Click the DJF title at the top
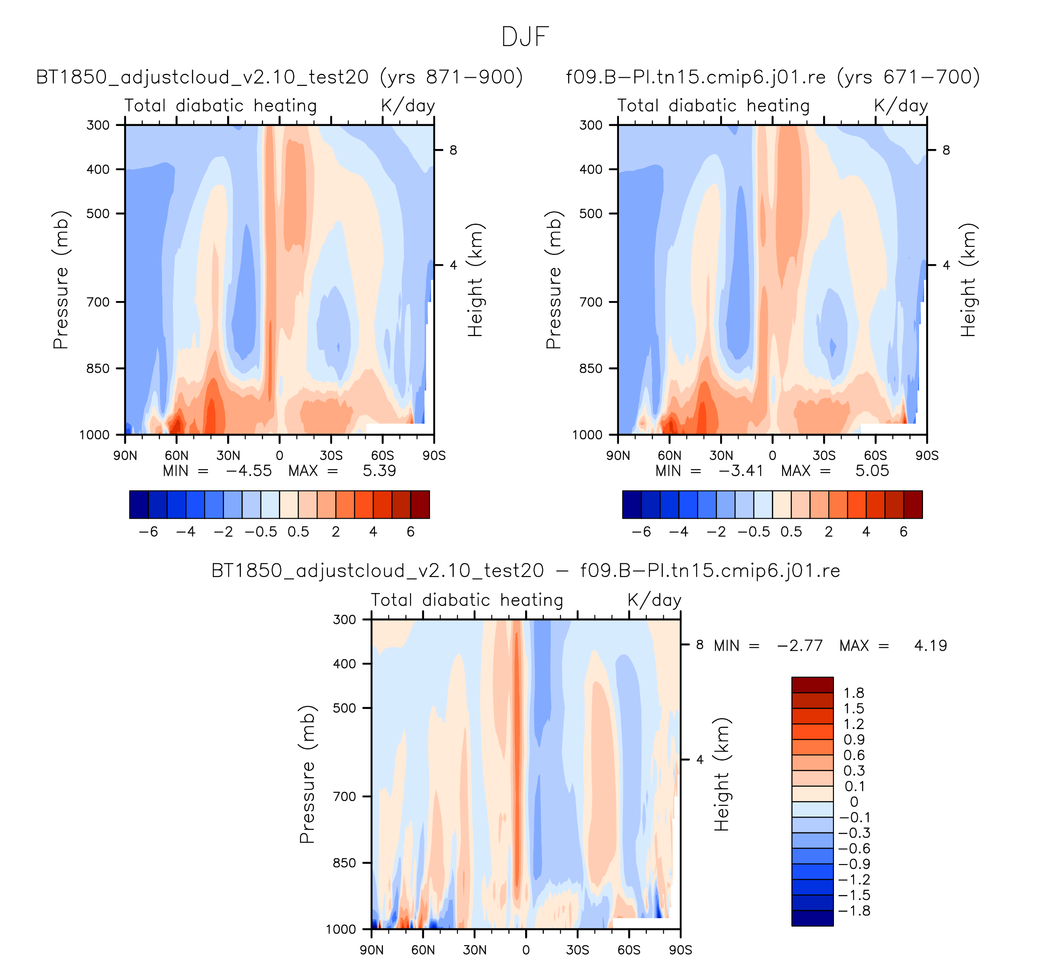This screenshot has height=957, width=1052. coord(525,37)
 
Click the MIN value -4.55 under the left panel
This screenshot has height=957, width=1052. coord(248,470)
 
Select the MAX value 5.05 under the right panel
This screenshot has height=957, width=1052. coord(872,470)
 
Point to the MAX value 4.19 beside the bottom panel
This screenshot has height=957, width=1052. coord(930,646)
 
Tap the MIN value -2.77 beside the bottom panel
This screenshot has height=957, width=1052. coord(800,646)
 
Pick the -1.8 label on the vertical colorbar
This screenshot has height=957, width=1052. coord(854,911)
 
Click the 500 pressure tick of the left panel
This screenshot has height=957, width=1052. coord(98,213)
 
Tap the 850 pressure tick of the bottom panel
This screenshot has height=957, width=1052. coord(344,863)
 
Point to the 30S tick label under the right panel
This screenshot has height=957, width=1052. coord(824,456)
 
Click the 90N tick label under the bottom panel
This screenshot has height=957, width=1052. coord(371,950)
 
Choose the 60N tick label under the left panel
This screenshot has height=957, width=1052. coord(176,456)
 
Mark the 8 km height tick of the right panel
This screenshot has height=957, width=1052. coord(946,150)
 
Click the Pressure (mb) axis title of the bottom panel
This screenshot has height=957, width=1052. coord(308,774)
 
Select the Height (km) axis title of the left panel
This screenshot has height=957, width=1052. coord(475,280)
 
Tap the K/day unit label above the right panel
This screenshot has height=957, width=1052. coord(901,106)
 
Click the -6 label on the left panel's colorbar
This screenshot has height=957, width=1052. coord(148,532)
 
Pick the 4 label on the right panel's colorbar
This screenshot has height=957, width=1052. coord(866,532)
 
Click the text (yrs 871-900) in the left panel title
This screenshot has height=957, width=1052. coord(451,77)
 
